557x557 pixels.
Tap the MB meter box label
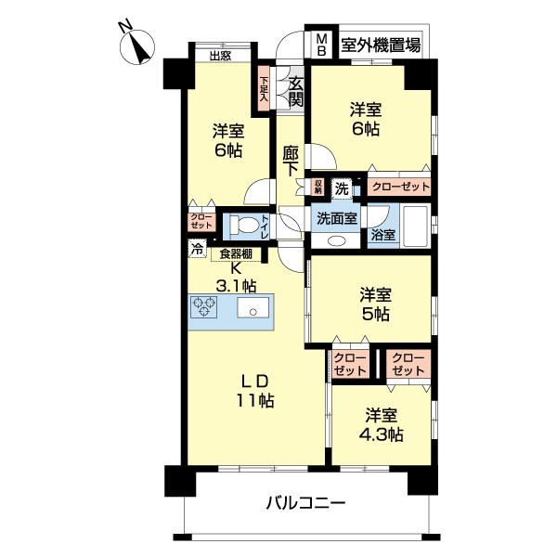coord(322,44)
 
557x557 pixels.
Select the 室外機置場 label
coord(380,44)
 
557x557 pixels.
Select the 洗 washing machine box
coord(343,187)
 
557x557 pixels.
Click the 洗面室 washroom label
coord(336,219)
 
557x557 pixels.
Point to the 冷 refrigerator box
coord(197,248)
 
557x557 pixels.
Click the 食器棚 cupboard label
coord(237,253)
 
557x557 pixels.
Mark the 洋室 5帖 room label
coord(376,304)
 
